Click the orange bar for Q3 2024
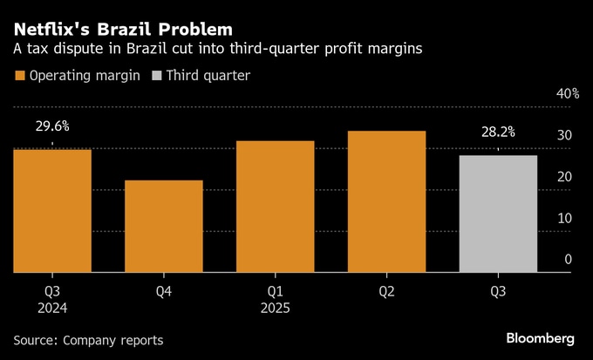pos(52,210)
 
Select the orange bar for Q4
pos(164,226)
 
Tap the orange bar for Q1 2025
pos(275,206)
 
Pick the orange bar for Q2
pos(386,201)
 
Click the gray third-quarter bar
pos(498,214)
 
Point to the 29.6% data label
pos(52,126)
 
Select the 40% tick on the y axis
pos(568,94)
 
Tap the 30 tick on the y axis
pos(564,136)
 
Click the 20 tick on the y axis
pos(564,177)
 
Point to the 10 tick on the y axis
pos(564,218)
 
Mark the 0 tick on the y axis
pos(568,259)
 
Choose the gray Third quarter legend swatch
pos(157,76)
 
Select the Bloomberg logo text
pos(541,337)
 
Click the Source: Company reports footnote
pos(88,339)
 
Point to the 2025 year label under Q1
pos(275,309)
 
